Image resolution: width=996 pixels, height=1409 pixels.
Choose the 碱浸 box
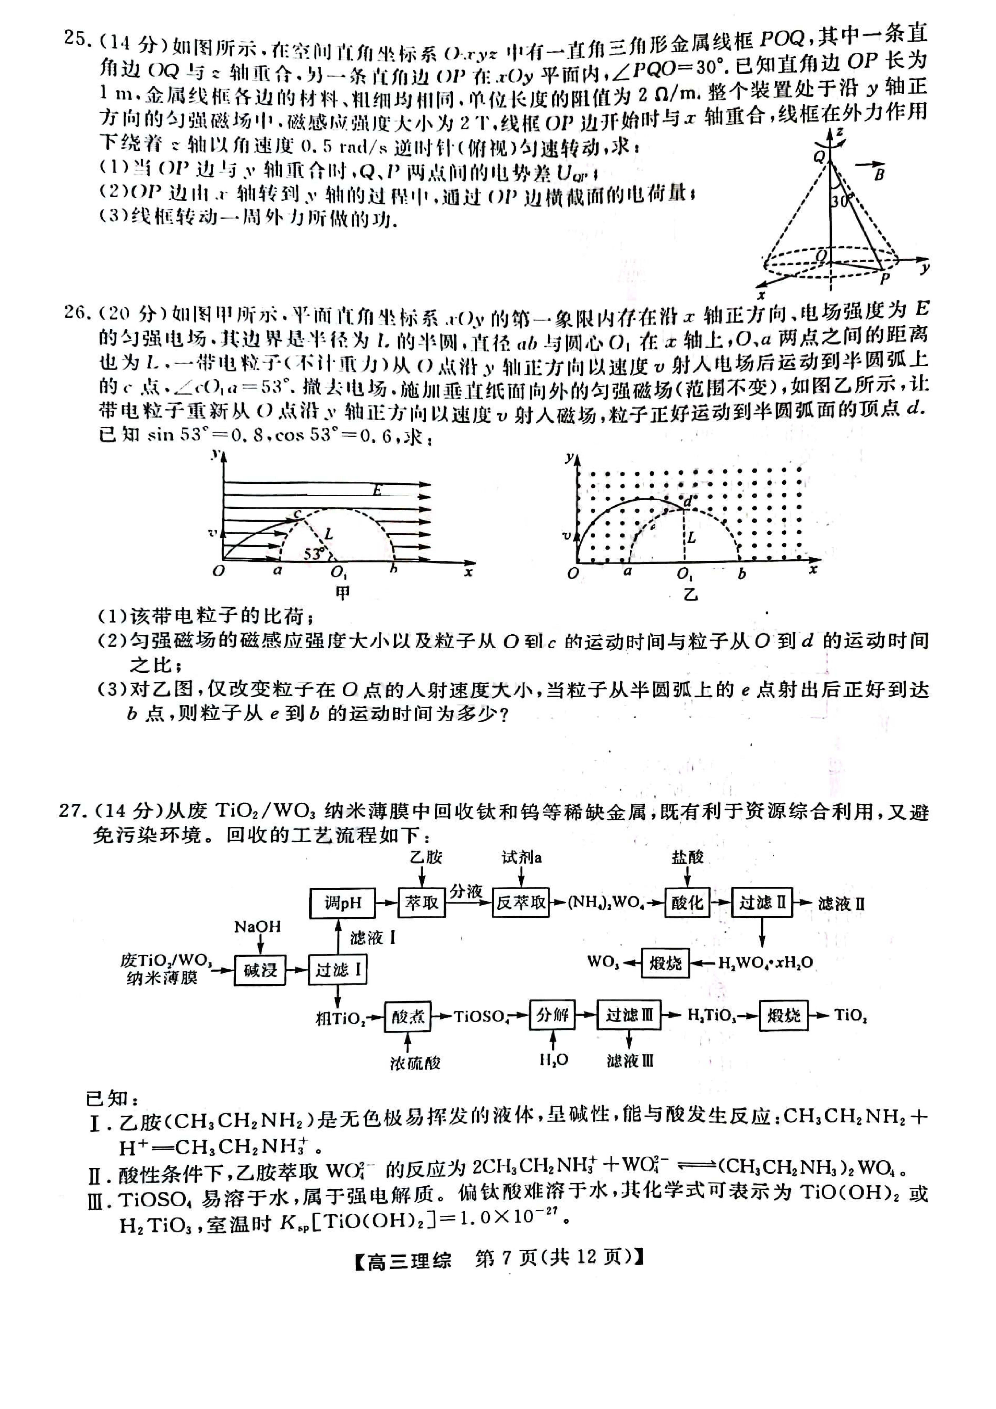click(x=260, y=970)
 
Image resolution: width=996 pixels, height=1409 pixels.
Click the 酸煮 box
click(x=408, y=1017)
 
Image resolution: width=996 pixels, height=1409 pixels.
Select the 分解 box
click(x=553, y=1016)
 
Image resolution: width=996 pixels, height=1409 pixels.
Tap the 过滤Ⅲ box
click(x=629, y=1016)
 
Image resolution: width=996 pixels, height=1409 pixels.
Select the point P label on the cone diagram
click(x=884, y=279)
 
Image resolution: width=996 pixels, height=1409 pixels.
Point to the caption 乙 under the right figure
click(x=691, y=594)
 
